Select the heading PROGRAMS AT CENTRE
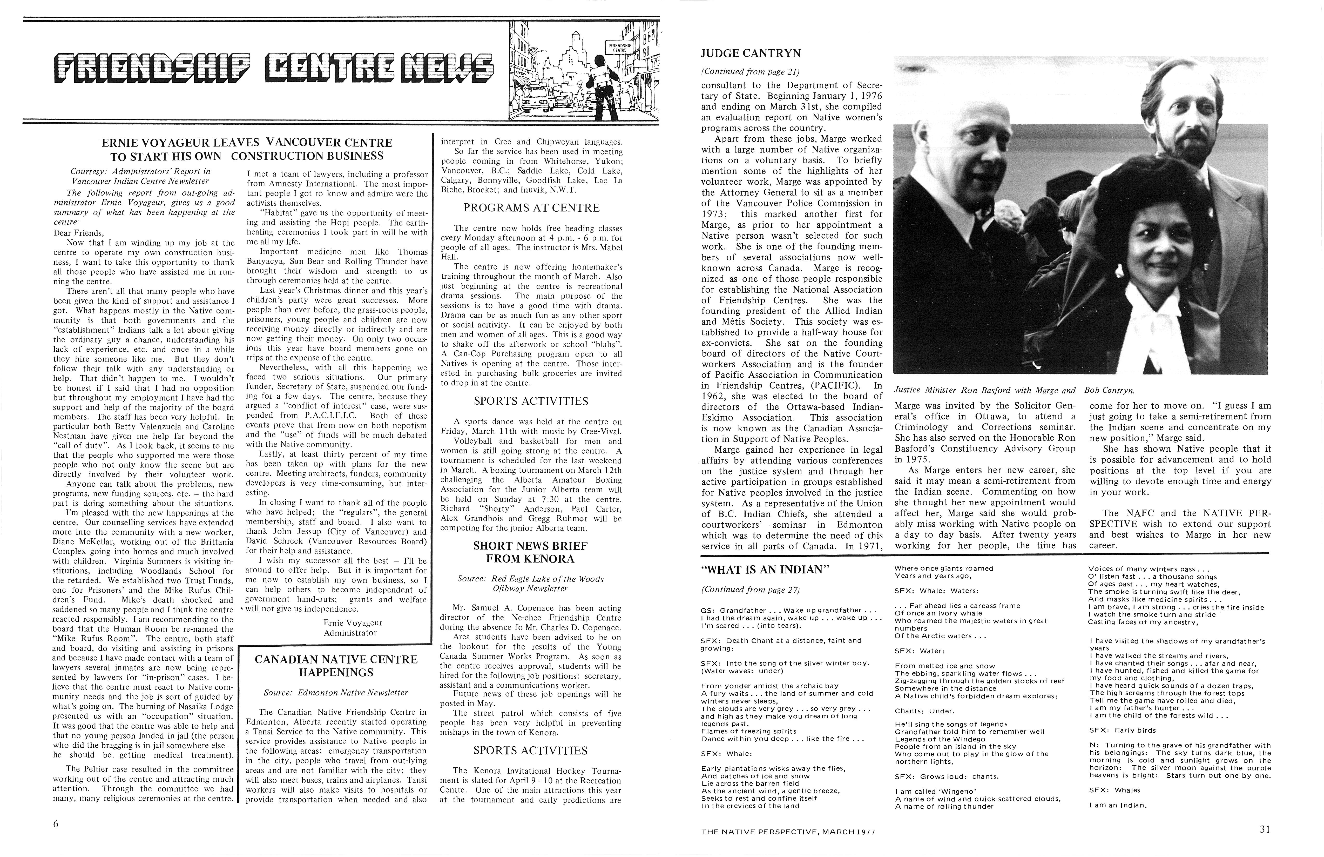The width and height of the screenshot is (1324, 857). tap(531, 208)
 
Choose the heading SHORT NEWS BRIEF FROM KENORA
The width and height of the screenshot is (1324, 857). tap(530, 552)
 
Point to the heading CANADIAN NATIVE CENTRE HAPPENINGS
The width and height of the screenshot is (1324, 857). tap(335, 666)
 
